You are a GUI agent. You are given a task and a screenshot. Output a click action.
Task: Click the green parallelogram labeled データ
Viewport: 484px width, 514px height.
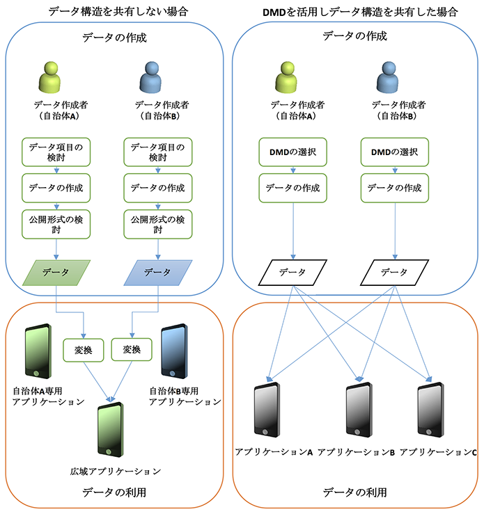(56, 273)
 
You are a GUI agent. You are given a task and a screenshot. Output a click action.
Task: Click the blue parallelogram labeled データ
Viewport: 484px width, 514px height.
(157, 273)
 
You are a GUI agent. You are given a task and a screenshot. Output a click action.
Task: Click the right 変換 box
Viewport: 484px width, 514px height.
(131, 350)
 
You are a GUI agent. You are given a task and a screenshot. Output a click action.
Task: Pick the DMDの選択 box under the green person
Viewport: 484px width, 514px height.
(293, 152)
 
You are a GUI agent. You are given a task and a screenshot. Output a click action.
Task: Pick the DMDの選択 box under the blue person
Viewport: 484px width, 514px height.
(395, 152)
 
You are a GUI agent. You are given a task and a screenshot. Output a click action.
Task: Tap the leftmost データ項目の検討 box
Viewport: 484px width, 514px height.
(56, 152)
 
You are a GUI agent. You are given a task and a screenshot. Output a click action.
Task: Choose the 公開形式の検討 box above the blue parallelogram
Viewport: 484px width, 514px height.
(157, 224)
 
